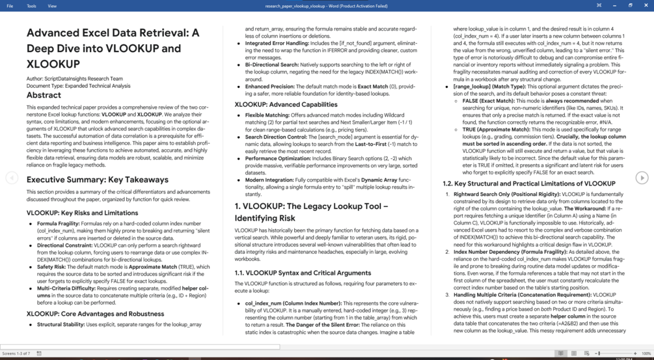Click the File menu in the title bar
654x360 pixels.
tap(10, 6)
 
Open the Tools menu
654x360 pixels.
tap(31, 6)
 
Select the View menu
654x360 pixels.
tap(52, 6)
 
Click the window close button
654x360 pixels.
tap(646, 5)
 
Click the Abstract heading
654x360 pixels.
tap(44, 94)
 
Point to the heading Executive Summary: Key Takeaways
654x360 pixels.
tap(98, 180)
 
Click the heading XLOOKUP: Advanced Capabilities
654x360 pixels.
tap(286, 104)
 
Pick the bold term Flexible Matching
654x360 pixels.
tap(267, 115)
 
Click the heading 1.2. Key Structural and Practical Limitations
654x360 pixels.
tap(528, 184)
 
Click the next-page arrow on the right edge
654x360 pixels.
tap(642, 178)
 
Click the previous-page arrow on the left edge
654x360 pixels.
tap(12, 178)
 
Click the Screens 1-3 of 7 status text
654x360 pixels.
tap(16, 353)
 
